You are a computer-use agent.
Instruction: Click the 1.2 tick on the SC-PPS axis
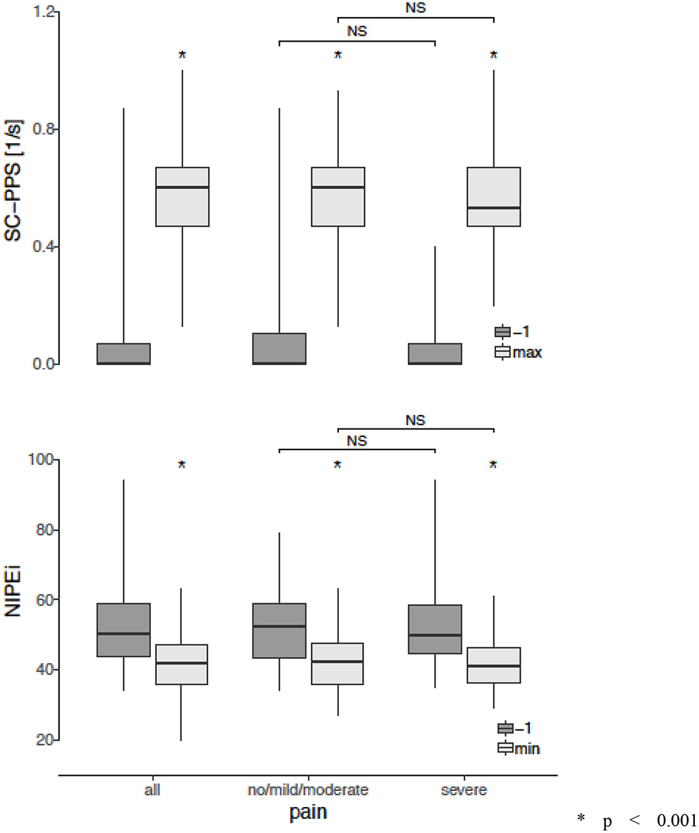point(40,13)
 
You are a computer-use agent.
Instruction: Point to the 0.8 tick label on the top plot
point(40,130)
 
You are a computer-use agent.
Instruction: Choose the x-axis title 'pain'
point(308,813)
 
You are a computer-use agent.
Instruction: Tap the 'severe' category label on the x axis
point(464,790)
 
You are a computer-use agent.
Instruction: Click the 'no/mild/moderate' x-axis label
point(308,790)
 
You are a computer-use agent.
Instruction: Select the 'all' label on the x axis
point(152,790)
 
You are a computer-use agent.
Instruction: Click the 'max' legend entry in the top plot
point(527,352)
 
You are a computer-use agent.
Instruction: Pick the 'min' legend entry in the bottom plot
point(526,748)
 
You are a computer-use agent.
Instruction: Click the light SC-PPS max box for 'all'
point(182,197)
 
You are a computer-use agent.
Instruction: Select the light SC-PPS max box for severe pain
point(493,197)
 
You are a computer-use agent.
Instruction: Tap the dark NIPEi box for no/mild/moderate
point(279,630)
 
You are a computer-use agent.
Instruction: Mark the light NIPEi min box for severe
point(493,665)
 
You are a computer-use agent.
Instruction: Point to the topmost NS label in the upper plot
point(416,8)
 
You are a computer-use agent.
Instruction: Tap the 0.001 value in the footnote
point(676,820)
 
